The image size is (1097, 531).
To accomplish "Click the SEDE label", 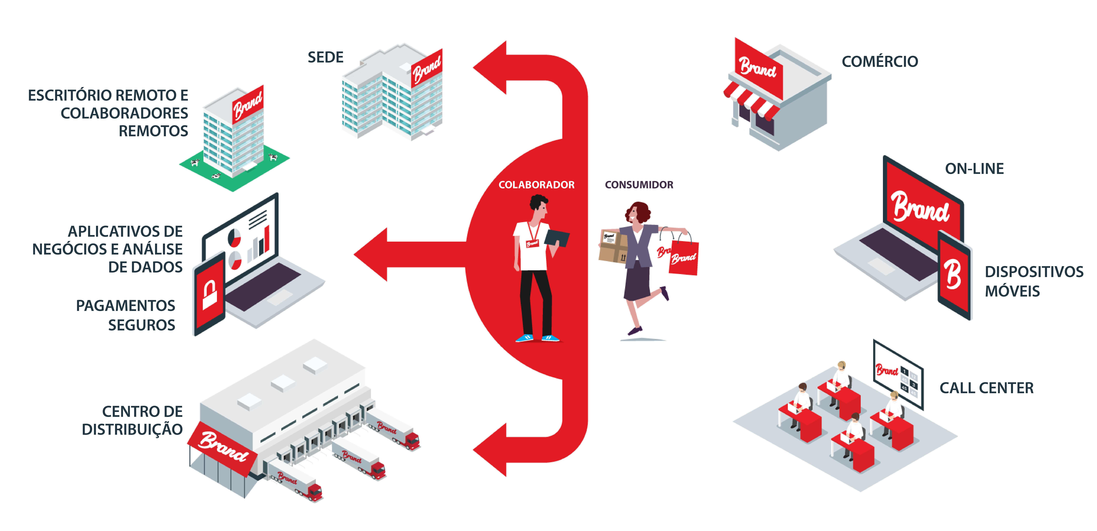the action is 325,57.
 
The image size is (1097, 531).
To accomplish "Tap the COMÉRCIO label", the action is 880,61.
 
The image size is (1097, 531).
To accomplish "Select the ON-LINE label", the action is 974,169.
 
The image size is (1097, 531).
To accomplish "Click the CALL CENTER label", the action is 986,388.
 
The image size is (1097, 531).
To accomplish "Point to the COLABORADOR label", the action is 537,185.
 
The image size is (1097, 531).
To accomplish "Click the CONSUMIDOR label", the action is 639,185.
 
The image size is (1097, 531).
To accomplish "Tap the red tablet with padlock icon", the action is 209,294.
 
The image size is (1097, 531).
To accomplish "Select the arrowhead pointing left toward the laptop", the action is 371,255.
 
